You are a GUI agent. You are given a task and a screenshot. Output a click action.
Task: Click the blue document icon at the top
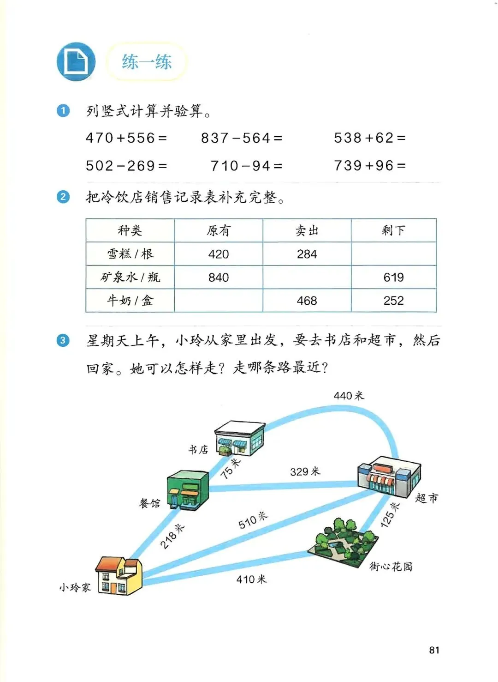[x=76, y=62]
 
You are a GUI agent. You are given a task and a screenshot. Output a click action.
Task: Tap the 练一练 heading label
[x=147, y=62]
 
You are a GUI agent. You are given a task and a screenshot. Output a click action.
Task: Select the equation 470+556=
[x=126, y=138]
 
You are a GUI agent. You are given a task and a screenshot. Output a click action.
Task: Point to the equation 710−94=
[x=246, y=166]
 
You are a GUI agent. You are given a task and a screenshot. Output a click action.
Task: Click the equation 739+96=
[x=370, y=166]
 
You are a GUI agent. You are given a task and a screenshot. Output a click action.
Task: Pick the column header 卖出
[x=307, y=230]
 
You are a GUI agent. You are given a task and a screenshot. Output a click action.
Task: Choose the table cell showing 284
[x=307, y=254]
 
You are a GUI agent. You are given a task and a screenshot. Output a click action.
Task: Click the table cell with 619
[x=393, y=277]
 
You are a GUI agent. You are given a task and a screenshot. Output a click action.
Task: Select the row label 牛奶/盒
[x=130, y=301]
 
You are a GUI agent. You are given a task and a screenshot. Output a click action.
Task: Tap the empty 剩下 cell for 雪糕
[x=393, y=254]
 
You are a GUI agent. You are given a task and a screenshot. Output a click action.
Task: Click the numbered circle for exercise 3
[x=63, y=341]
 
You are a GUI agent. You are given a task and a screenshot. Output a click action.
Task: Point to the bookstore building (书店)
[x=239, y=438]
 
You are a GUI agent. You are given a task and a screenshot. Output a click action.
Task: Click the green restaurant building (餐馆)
[x=187, y=490]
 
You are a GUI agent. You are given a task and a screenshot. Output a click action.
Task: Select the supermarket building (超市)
[x=389, y=477]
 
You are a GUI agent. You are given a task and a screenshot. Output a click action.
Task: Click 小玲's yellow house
[x=119, y=576]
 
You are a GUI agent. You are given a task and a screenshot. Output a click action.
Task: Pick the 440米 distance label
[x=349, y=396]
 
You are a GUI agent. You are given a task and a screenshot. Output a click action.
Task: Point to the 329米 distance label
[x=305, y=471]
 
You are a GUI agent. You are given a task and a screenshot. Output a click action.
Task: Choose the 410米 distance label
[x=251, y=579]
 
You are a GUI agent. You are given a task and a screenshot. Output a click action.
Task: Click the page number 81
[x=434, y=650]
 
